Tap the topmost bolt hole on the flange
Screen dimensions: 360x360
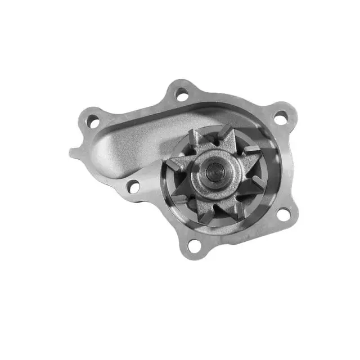click(x=182, y=94)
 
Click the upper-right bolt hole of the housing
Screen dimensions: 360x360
click(x=280, y=118)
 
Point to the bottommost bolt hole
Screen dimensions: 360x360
click(x=193, y=245)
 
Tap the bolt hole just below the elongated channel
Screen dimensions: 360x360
click(x=133, y=186)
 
